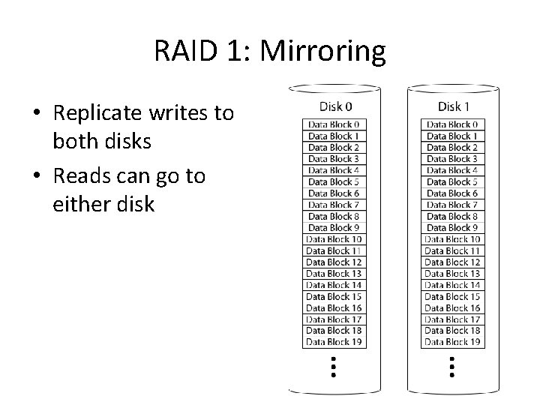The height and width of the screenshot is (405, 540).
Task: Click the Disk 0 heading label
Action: pyautogui.click(x=334, y=106)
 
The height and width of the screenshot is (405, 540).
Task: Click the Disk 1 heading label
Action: pyautogui.click(x=453, y=106)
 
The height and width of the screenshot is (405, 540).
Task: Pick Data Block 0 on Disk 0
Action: pyautogui.click(x=334, y=124)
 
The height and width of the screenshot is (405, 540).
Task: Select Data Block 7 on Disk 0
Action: pyautogui.click(x=334, y=205)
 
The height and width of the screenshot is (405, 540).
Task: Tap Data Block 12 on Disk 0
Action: pyautogui.click(x=334, y=262)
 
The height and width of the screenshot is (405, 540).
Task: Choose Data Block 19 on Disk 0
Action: pyautogui.click(x=334, y=342)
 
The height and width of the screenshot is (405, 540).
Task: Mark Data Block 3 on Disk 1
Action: pyautogui.click(x=452, y=159)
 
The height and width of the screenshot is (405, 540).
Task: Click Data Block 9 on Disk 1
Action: pyautogui.click(x=452, y=227)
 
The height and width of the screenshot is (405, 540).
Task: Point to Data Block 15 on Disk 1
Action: pyautogui.click(x=452, y=296)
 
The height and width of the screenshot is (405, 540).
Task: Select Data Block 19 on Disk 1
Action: pyautogui.click(x=452, y=342)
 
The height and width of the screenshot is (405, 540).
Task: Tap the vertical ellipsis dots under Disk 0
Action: pyautogui.click(x=334, y=367)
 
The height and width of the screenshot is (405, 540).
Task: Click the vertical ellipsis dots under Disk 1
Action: pyautogui.click(x=452, y=367)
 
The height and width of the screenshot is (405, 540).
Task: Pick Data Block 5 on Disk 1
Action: pyautogui.click(x=452, y=181)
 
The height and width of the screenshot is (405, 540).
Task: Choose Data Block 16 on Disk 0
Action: pyautogui.click(x=334, y=307)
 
